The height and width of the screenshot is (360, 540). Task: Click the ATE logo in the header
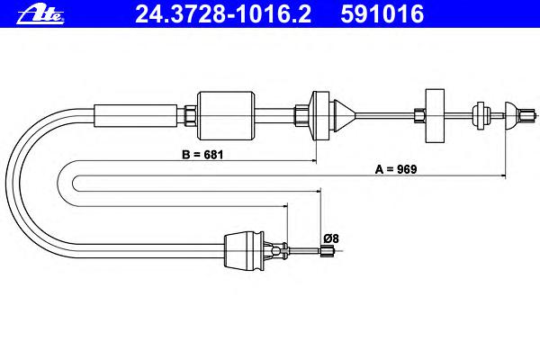click(x=40, y=14)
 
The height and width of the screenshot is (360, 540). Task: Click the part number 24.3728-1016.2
click(x=223, y=14)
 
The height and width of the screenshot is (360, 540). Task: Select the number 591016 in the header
click(x=382, y=14)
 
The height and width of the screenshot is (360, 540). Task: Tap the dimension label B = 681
click(x=202, y=155)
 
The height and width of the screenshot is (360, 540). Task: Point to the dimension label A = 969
click(x=396, y=169)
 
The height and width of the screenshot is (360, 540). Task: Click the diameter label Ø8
click(x=331, y=238)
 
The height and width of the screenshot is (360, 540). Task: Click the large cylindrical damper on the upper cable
click(x=226, y=116)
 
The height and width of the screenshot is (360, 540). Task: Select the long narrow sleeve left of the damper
click(x=136, y=116)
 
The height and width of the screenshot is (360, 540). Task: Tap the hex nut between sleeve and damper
click(x=191, y=116)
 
